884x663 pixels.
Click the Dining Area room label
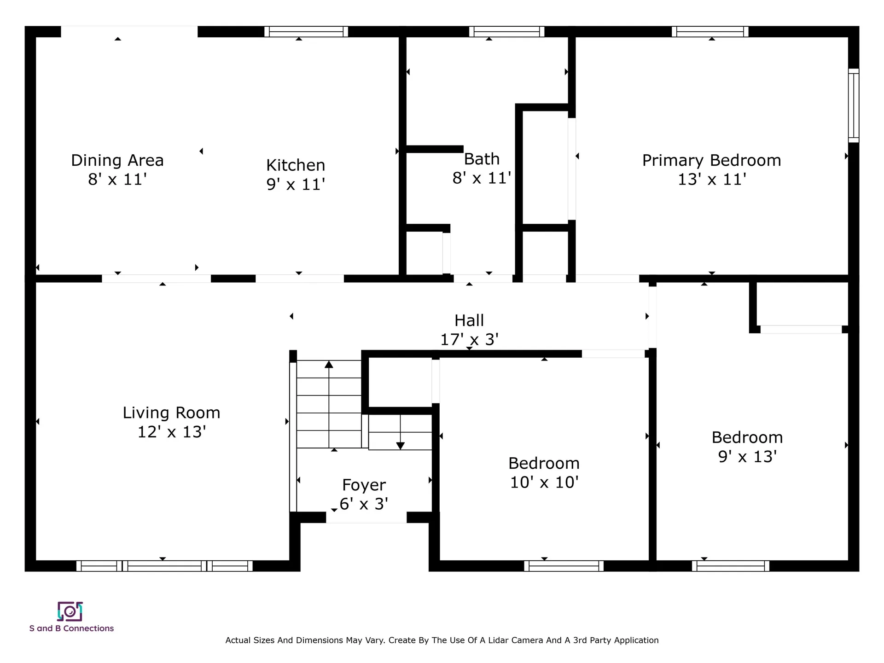(x=117, y=160)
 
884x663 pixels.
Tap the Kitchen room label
(x=296, y=165)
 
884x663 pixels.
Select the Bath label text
(x=482, y=159)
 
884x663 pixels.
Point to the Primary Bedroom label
(x=711, y=160)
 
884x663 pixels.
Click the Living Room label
(x=171, y=413)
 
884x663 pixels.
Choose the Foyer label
(x=364, y=485)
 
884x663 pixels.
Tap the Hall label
(x=469, y=320)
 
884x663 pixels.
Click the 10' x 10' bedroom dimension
(x=544, y=482)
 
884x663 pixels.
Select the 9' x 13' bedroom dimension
(x=747, y=456)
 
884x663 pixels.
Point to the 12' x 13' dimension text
(x=171, y=432)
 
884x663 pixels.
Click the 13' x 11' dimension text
(x=712, y=179)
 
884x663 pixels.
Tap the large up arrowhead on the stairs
(x=329, y=364)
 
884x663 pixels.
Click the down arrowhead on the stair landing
(x=401, y=446)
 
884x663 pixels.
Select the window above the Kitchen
(x=306, y=31)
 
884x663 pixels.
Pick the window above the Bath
(x=507, y=31)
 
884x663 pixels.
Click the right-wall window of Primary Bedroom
(x=854, y=105)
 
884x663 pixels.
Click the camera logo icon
(x=70, y=611)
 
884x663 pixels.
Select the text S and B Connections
(x=71, y=628)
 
